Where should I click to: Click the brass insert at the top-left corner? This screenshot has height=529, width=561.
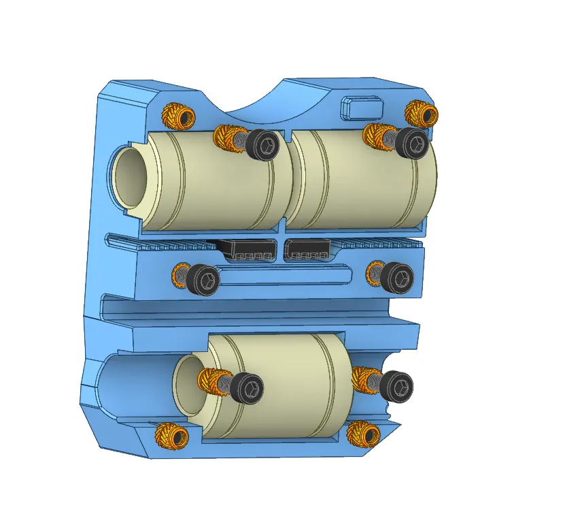point(179,116)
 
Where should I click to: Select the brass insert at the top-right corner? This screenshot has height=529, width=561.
point(421,112)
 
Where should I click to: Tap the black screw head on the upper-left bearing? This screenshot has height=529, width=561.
point(262,145)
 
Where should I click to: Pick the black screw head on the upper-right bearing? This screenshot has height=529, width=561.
point(413,143)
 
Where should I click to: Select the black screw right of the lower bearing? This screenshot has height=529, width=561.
point(396,386)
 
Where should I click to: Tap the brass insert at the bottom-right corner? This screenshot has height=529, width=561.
point(361,433)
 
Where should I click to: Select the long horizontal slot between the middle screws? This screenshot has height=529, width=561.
point(286,275)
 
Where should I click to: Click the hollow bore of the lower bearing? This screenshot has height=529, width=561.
point(187,388)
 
